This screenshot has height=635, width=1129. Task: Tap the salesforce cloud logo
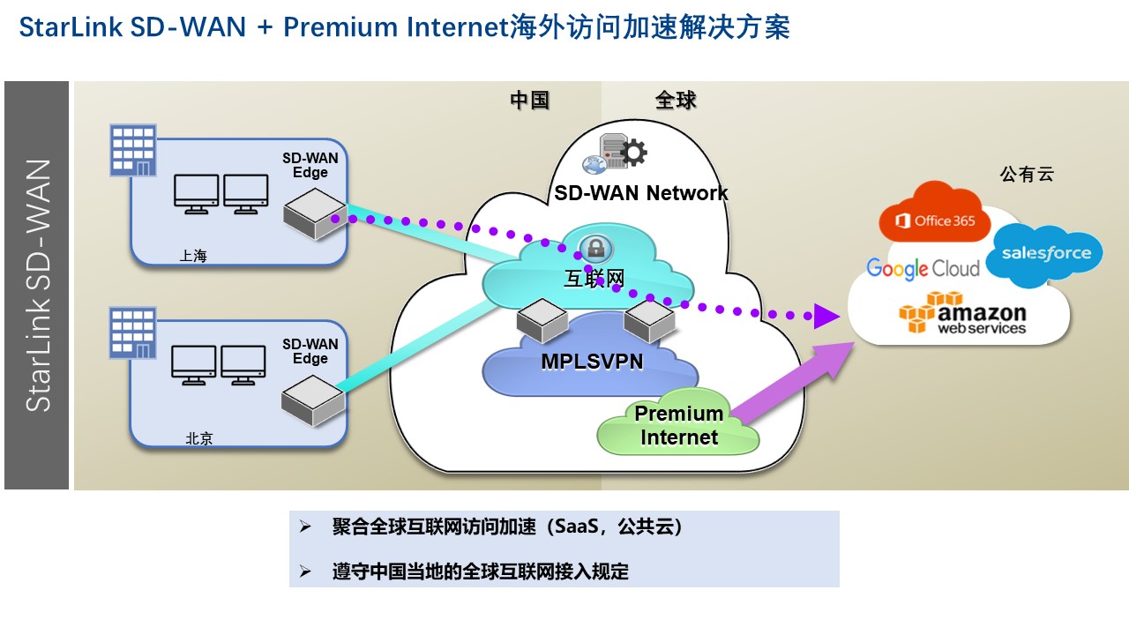1044,255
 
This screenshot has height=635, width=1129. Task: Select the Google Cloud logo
923,268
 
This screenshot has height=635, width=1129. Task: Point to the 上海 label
192,256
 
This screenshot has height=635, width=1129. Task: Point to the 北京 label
199,438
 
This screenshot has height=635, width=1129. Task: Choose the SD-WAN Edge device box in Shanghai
313,218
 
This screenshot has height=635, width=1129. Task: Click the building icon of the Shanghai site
132,151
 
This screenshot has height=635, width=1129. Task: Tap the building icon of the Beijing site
132,332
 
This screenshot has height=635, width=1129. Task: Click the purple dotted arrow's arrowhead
826,315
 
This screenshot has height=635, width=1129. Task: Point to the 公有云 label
1027,175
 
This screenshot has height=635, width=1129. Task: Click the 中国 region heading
530,101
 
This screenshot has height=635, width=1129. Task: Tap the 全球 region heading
676,101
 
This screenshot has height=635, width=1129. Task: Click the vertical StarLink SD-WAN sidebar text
37,284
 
